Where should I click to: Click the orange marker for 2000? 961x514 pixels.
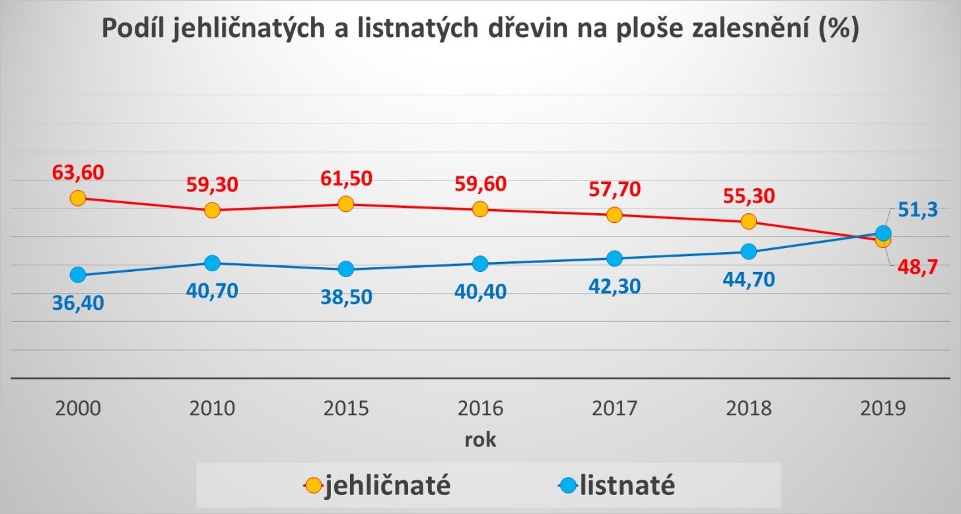pyautogui.click(x=78, y=198)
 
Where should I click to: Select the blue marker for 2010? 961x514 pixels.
pyautogui.click(x=212, y=263)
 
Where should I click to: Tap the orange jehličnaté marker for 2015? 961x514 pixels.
pyautogui.click(x=345, y=204)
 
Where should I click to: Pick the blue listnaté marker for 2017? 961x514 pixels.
pyautogui.click(x=614, y=258)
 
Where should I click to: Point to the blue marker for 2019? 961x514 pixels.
pyautogui.click(x=883, y=232)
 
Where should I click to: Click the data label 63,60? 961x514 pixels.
pyautogui.click(x=77, y=174)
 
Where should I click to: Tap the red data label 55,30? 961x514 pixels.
pyautogui.click(x=748, y=196)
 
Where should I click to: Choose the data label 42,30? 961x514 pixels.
pyautogui.click(x=614, y=286)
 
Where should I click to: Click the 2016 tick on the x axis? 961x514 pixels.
pyautogui.click(x=480, y=408)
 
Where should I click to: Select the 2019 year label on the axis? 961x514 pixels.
pyautogui.click(x=883, y=408)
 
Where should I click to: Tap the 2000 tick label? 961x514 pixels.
pyautogui.click(x=78, y=408)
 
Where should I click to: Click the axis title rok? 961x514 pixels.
pyautogui.click(x=480, y=440)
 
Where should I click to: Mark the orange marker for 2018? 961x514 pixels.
pyautogui.click(x=748, y=221)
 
